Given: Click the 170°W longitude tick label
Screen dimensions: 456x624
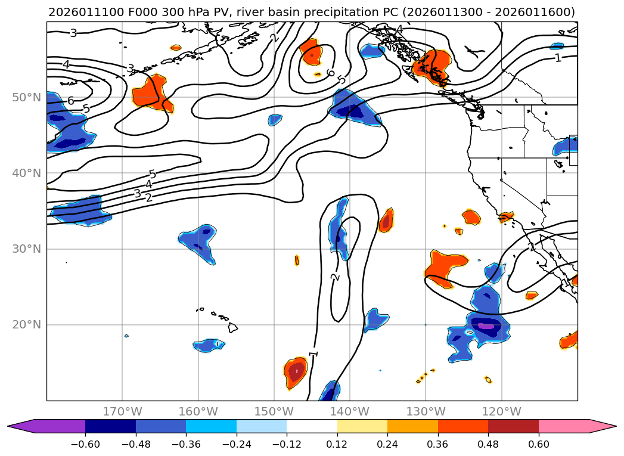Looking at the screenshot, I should click(122, 411).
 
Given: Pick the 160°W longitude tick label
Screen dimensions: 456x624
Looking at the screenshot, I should click(198, 411).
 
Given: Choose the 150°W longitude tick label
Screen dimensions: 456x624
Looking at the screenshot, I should click(274, 411).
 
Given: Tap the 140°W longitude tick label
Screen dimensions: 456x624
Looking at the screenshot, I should click(350, 411).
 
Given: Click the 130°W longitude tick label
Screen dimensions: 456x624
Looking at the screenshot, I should click(426, 411).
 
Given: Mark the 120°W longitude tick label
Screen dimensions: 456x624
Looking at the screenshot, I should click(501, 411).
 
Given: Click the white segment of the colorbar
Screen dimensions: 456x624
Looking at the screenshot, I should click(312, 426).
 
